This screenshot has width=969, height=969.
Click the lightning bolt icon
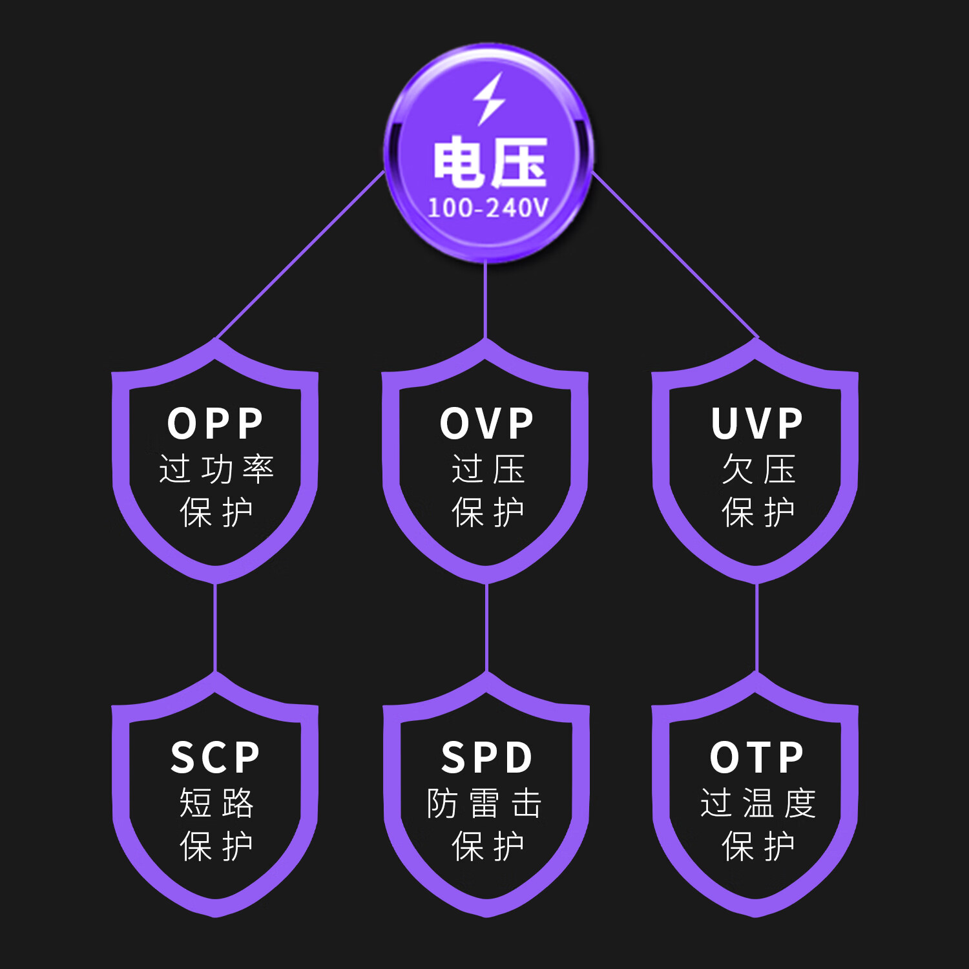(488, 99)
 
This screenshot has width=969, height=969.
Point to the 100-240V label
(488, 208)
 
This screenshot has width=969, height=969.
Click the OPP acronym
(215, 424)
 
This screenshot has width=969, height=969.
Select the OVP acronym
(486, 424)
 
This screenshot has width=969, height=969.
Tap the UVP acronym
(756, 424)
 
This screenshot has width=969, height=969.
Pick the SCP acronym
(215, 757)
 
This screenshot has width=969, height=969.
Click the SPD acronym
(486, 757)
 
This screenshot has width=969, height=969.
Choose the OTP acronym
(756, 757)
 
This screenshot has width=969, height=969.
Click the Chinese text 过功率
(216, 469)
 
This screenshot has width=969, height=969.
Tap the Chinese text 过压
(488, 469)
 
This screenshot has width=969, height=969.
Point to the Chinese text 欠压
(758, 469)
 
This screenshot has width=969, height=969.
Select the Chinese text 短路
(216, 803)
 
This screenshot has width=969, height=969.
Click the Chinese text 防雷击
(484, 803)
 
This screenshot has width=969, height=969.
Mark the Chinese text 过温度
(758, 803)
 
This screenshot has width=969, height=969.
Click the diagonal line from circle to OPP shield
(301, 255)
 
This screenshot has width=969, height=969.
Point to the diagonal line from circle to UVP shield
(674, 255)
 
